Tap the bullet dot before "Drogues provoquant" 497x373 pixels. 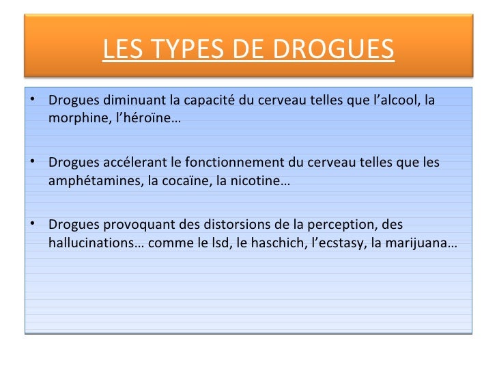point(32,225)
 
